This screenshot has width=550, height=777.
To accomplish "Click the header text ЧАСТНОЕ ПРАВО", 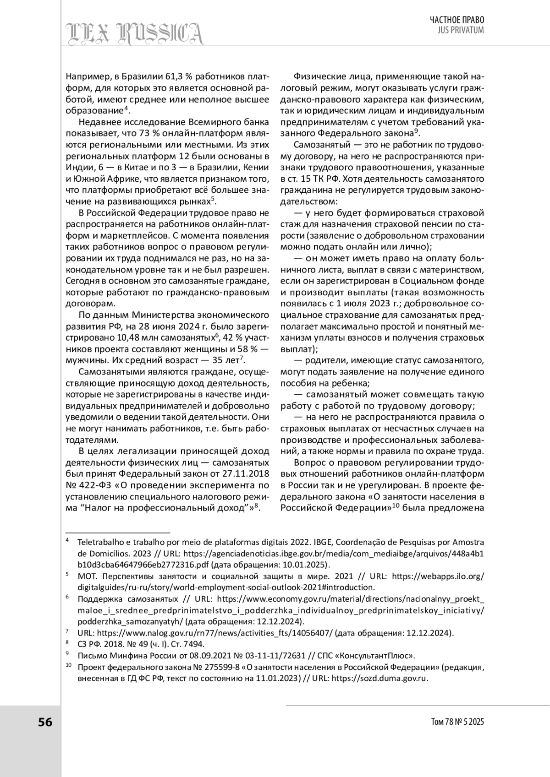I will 456,20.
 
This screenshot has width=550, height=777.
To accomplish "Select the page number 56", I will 45,722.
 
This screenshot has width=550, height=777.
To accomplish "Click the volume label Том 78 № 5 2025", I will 457,722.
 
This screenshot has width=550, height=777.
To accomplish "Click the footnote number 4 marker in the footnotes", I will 67,541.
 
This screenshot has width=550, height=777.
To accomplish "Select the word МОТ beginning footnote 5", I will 86,576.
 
